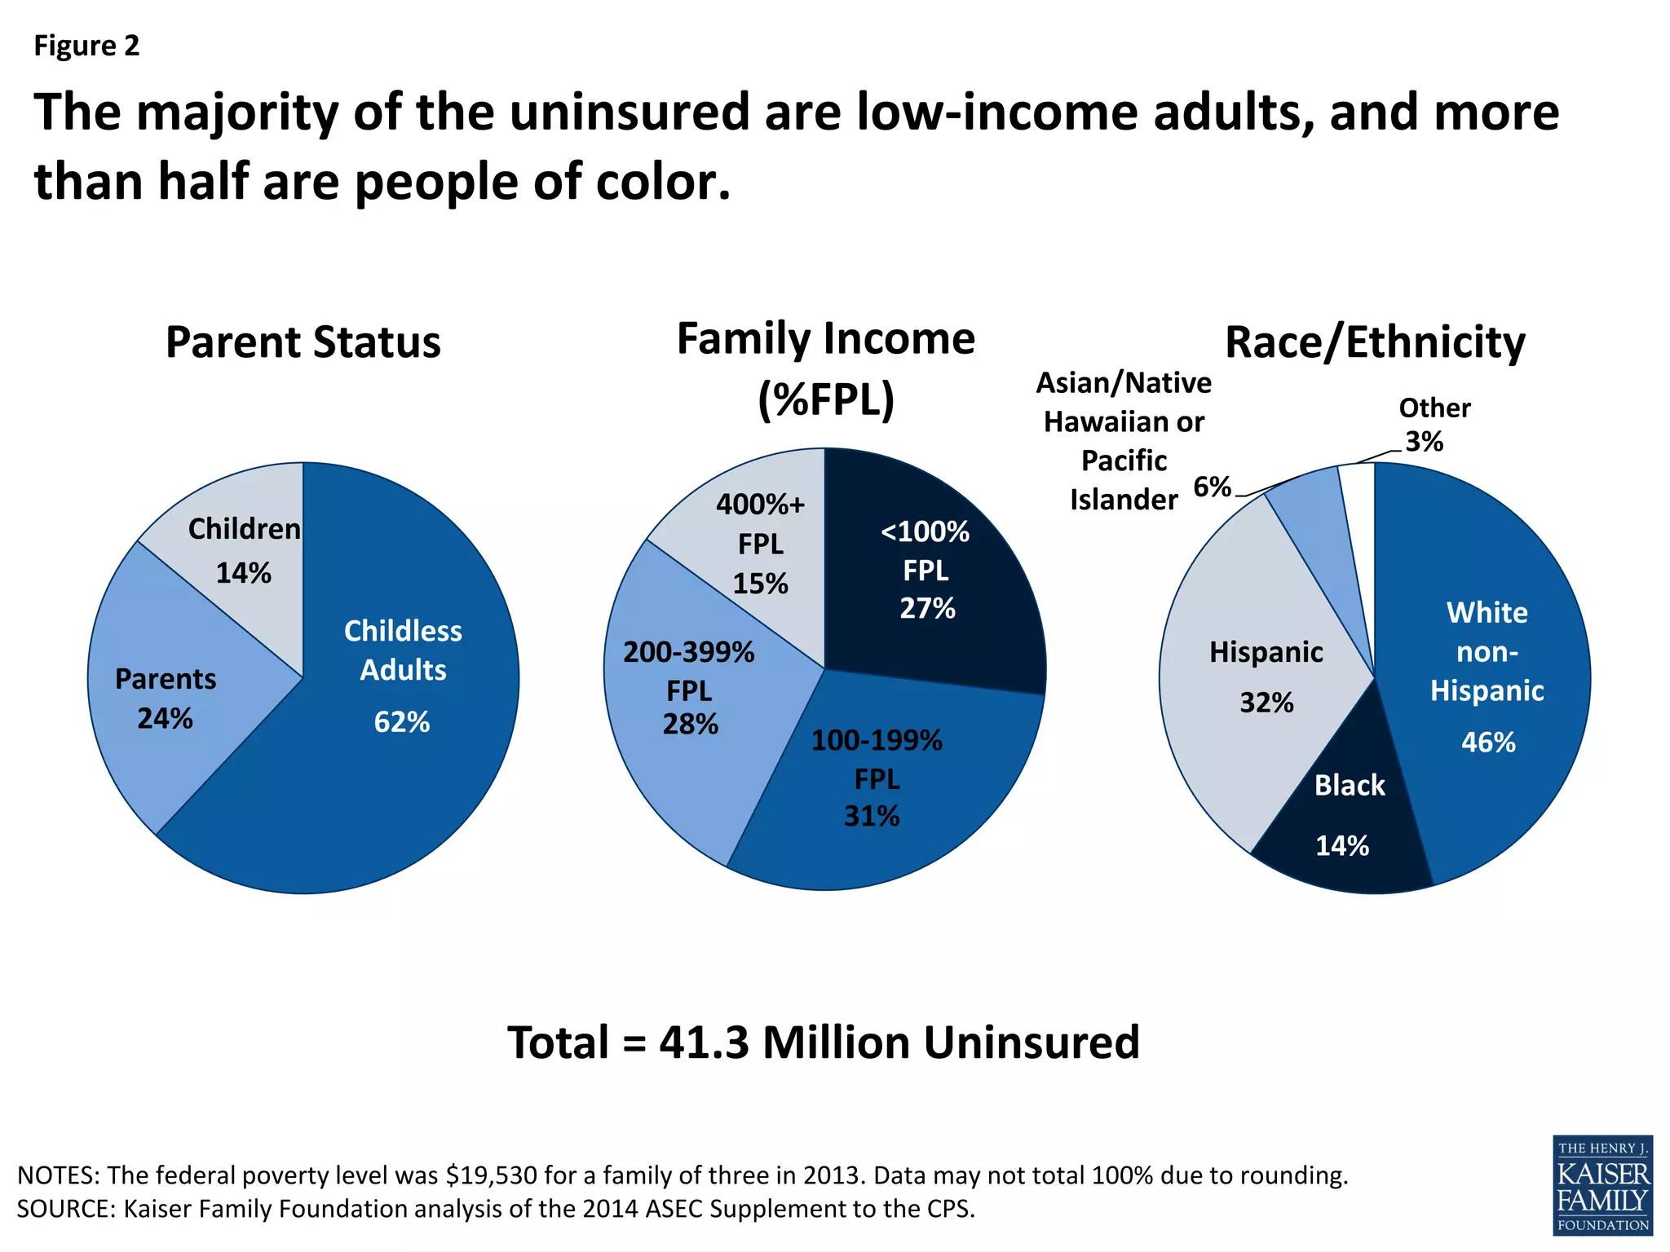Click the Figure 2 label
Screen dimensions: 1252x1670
click(86, 46)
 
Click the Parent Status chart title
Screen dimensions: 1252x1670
click(303, 342)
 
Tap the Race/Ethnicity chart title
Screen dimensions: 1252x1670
click(1374, 342)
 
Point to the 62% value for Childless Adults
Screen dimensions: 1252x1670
click(401, 722)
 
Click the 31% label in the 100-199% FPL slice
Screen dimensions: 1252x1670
click(872, 816)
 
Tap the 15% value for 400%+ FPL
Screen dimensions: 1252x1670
click(760, 584)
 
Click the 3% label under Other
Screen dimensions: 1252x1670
click(1424, 442)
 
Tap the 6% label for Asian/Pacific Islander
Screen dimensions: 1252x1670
click(1212, 487)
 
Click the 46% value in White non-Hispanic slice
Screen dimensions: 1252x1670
click(1488, 743)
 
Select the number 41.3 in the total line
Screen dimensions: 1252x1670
click(704, 1043)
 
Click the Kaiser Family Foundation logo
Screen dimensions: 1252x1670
click(1602, 1184)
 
